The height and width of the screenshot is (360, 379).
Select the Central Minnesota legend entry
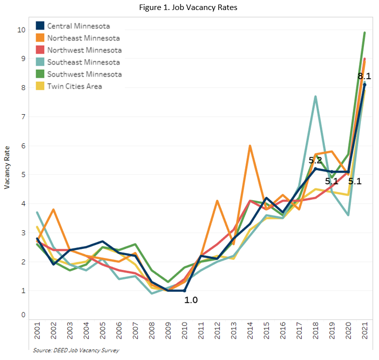point(79,26)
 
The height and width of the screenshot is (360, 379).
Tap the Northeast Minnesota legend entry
point(83,38)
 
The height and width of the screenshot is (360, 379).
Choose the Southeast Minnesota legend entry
point(83,62)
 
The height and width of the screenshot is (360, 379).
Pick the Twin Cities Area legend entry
point(74,86)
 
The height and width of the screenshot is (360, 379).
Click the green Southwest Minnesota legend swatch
point(40,74)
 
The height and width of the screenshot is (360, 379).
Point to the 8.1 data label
point(364,76)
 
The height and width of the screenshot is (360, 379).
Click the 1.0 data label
point(192,300)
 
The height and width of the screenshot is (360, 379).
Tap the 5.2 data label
point(315,161)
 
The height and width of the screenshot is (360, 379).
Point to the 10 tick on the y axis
point(21,30)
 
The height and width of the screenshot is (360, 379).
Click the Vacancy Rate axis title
point(7,171)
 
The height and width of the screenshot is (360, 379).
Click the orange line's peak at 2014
point(250,146)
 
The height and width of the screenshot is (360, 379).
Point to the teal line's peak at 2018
point(315,96)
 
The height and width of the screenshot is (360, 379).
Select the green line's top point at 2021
point(364,33)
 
